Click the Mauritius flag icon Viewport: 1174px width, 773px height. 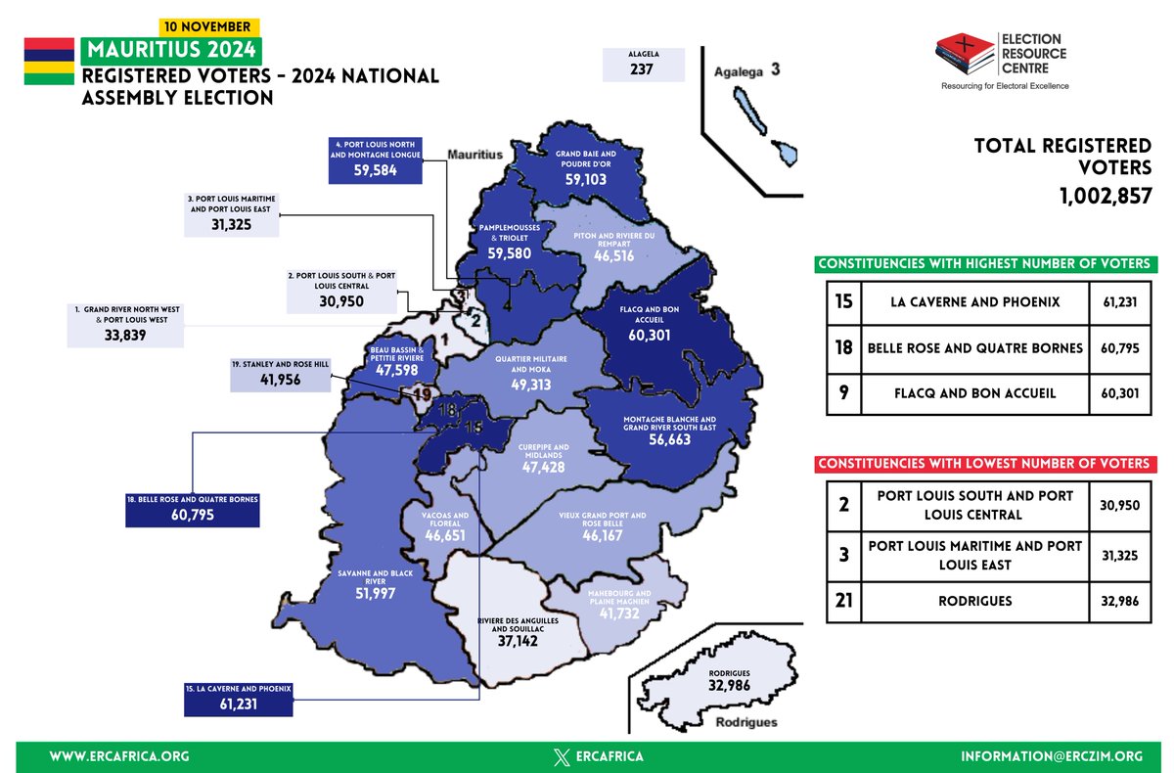(x=49, y=62)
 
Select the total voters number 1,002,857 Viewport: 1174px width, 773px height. (x=1106, y=196)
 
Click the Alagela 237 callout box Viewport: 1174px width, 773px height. (x=643, y=64)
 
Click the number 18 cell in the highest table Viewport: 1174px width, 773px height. (x=843, y=348)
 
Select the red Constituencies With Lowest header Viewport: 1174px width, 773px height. (x=984, y=463)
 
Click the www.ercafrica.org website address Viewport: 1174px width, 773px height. (x=118, y=756)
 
